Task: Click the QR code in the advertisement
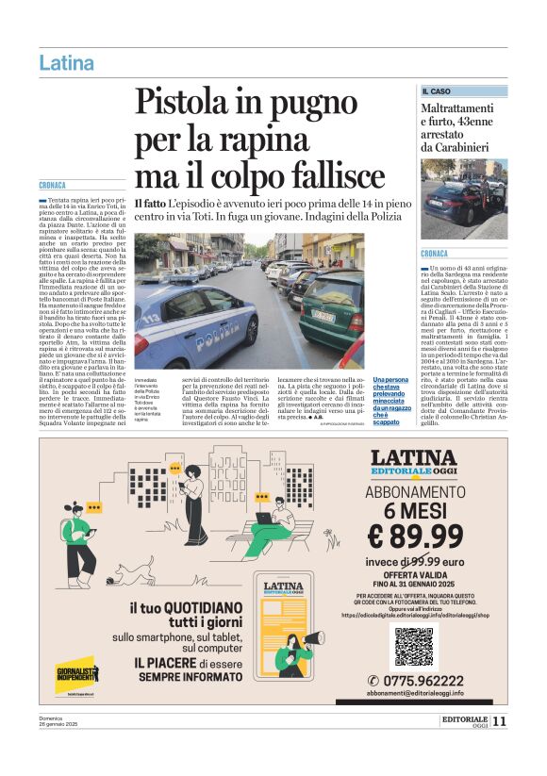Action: coord(414,646)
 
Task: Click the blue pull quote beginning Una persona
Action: coord(392,400)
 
